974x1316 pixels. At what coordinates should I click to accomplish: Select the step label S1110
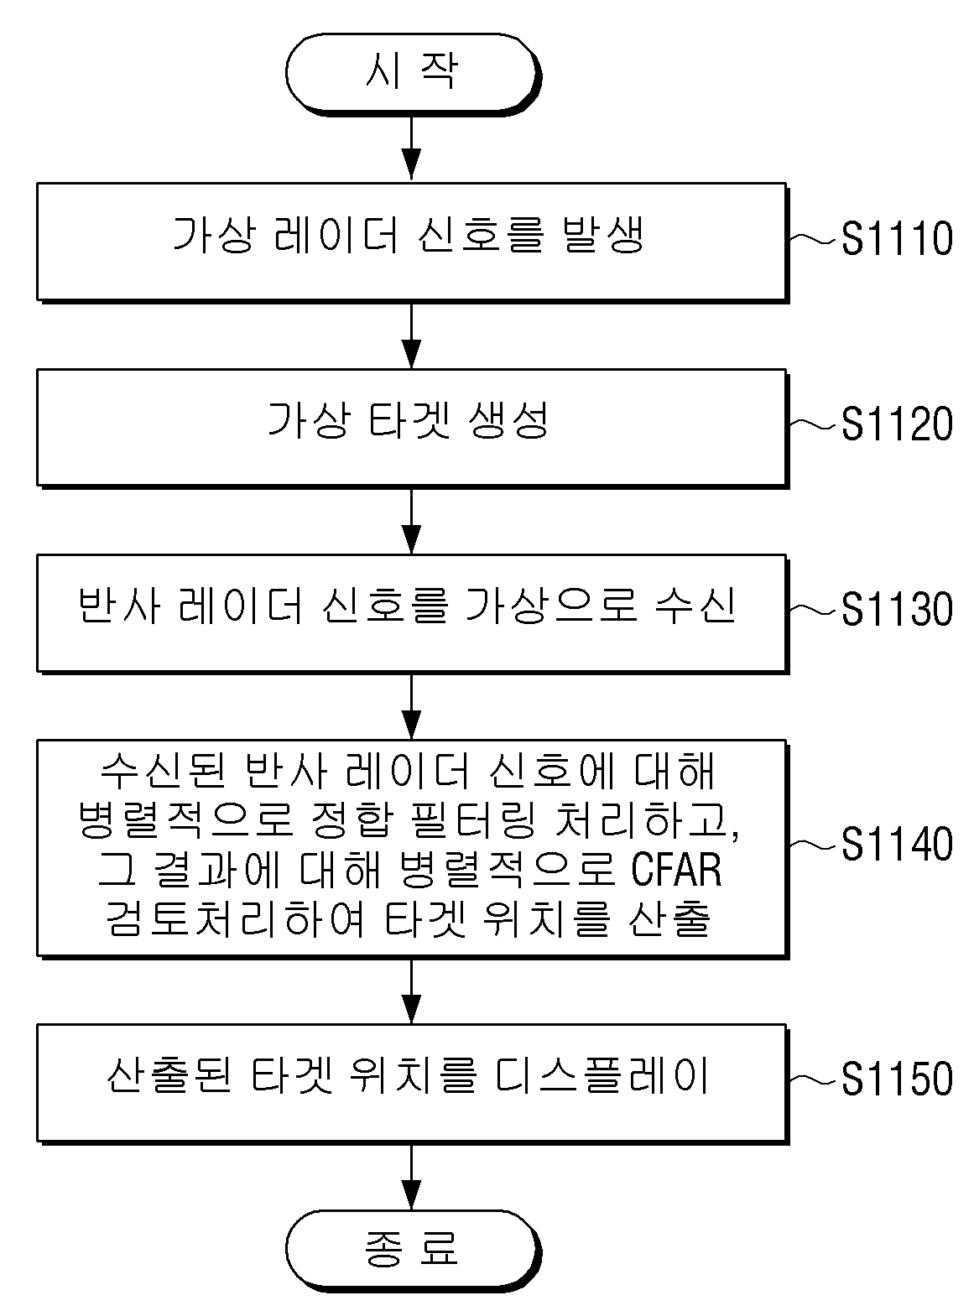pos(897,238)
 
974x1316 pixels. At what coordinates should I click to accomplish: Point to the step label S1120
pos(897,424)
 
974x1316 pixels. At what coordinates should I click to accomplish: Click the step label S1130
pos(897,609)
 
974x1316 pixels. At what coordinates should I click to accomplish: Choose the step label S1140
pos(897,844)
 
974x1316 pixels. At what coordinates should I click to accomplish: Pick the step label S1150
pos(897,1078)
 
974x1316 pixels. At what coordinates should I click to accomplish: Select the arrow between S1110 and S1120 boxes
pos(411,336)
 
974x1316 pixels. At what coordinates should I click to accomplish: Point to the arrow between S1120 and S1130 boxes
pos(411,523)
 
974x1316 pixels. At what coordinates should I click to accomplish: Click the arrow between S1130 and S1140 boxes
pos(411,707)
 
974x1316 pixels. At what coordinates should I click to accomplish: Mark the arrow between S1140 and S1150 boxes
pos(411,991)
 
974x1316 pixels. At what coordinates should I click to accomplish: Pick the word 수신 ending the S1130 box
pos(695,606)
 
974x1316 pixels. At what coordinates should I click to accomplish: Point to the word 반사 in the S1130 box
pos(119,606)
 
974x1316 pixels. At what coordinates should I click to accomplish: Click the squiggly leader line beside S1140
pos(815,844)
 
